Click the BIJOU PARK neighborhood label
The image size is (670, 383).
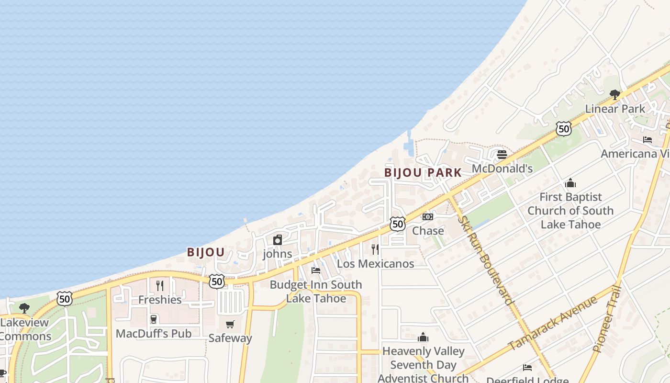point(423,172)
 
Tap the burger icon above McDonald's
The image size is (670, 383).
point(502,155)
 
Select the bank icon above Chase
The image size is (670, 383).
point(428,217)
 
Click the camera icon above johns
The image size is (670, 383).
point(278,240)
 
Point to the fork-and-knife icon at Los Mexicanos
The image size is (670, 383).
point(375,249)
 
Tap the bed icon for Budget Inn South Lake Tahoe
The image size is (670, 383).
point(316,270)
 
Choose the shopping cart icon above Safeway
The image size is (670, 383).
point(230,325)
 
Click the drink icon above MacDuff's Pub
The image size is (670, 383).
point(154,319)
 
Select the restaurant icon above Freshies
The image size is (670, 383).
point(160,286)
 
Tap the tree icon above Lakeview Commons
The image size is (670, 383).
point(24,308)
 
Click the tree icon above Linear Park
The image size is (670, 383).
point(615,94)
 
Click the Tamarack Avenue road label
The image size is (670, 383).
point(553,323)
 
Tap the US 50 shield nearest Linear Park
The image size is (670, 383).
point(564,128)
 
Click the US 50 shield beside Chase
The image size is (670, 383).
point(398,224)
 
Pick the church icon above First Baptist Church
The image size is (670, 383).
point(570,183)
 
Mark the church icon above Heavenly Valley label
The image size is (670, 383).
point(423,338)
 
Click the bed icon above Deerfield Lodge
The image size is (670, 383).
point(527,368)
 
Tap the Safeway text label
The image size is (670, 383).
point(230,338)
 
